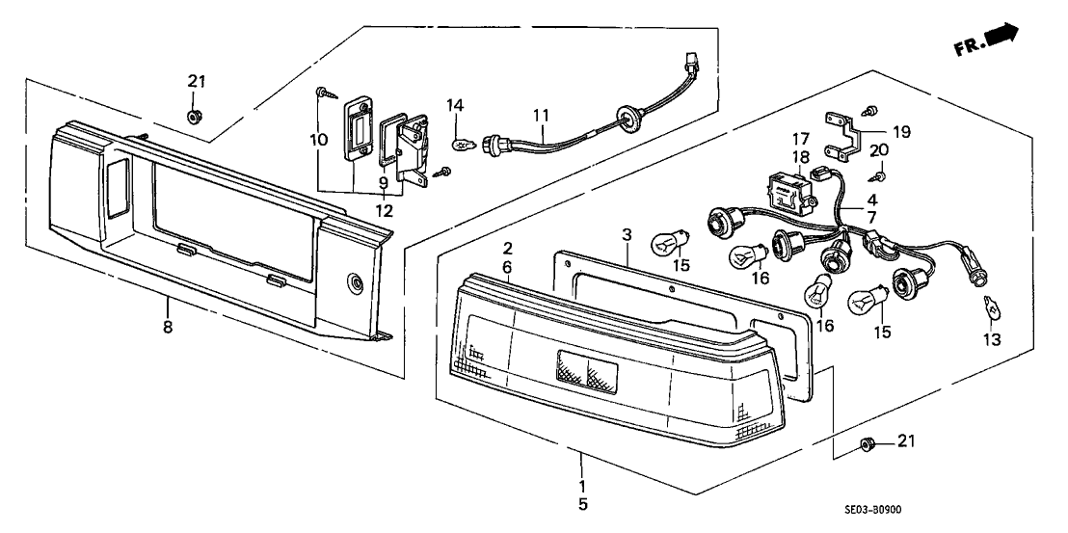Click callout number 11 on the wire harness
tap(542, 116)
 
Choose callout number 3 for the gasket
tap(627, 235)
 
